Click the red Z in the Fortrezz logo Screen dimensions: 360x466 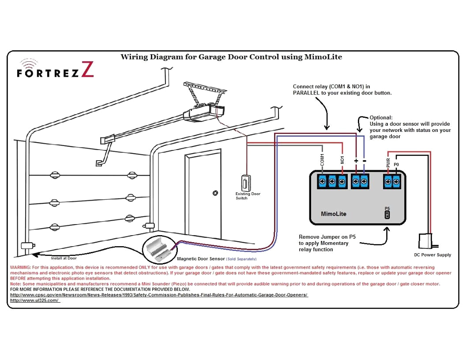(x=87, y=70)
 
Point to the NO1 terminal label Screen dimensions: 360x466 (x=342, y=159)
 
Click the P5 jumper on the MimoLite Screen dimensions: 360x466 (x=387, y=215)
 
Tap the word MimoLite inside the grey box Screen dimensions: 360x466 (x=333, y=214)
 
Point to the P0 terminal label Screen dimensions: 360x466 (x=396, y=164)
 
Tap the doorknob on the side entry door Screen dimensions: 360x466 (x=215, y=193)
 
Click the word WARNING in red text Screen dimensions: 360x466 (x=20, y=267)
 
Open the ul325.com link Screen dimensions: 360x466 (x=34, y=300)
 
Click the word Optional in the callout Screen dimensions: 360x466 (x=381, y=118)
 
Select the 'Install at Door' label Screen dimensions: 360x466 (x=64, y=258)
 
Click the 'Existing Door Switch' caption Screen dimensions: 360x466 (x=248, y=196)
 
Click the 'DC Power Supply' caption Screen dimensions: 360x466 (x=432, y=255)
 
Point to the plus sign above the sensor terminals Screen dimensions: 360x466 (x=356, y=161)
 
